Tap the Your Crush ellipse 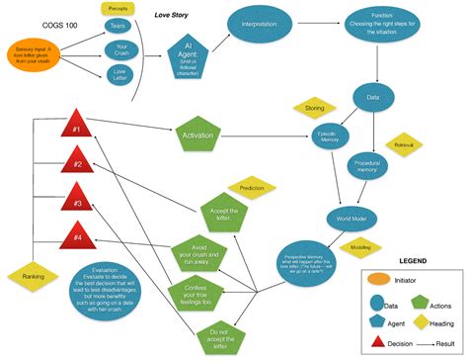tap(122, 49)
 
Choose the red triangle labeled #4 tap(76, 236)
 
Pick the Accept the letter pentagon tap(226, 214)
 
